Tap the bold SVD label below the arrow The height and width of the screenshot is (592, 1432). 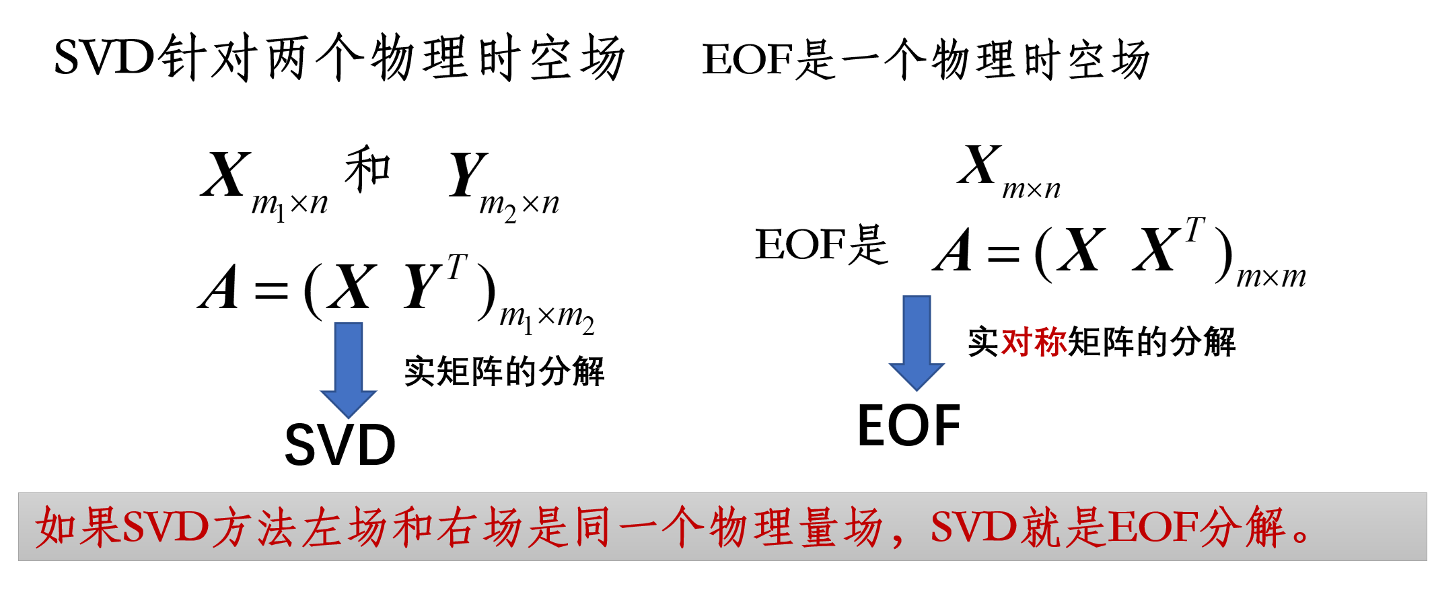340,445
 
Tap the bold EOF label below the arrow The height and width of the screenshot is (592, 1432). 908,426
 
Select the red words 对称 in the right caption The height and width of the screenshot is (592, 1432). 1034,342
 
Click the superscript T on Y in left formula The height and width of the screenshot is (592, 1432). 456,268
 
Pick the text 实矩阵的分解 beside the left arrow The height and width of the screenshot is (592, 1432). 504,372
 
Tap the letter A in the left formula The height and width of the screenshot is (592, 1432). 219,288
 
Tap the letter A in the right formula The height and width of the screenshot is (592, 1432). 953,250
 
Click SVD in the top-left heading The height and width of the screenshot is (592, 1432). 104,58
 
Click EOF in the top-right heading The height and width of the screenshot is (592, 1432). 747,59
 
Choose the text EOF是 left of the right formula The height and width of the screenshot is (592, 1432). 821,245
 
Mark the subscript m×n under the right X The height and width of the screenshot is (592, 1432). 1031,190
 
